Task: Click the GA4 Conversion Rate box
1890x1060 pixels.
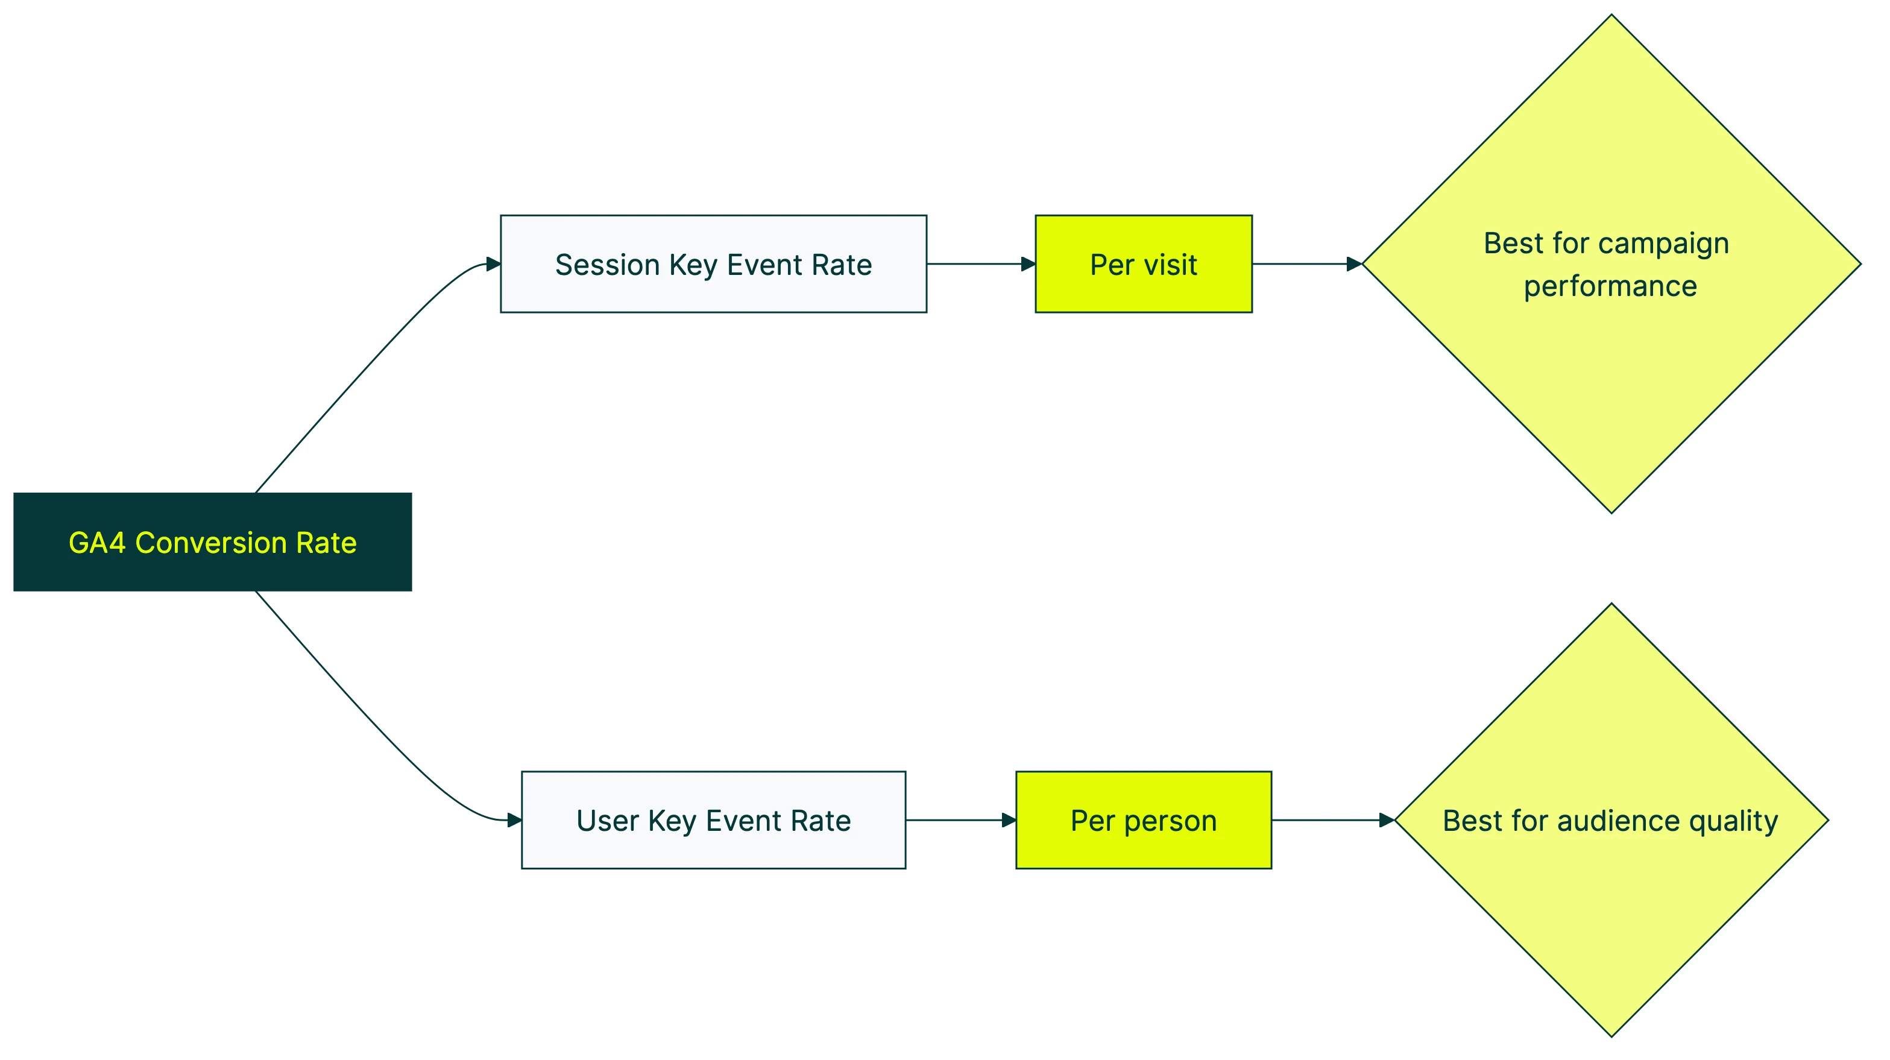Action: (x=212, y=542)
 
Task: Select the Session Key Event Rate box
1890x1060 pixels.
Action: (x=713, y=264)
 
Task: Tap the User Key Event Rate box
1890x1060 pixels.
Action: (x=713, y=820)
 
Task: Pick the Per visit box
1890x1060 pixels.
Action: (x=1143, y=264)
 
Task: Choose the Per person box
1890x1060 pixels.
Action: (x=1143, y=820)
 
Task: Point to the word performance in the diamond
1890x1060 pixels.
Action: (x=1610, y=286)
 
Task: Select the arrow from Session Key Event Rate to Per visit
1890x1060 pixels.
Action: (x=980, y=264)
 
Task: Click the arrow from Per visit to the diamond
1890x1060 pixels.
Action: (x=1306, y=264)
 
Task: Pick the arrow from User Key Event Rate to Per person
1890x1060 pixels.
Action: (x=960, y=820)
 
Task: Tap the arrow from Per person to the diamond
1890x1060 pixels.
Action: (x=1332, y=820)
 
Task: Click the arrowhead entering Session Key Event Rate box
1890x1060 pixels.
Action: (x=493, y=264)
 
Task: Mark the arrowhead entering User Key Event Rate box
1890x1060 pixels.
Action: (x=514, y=820)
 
